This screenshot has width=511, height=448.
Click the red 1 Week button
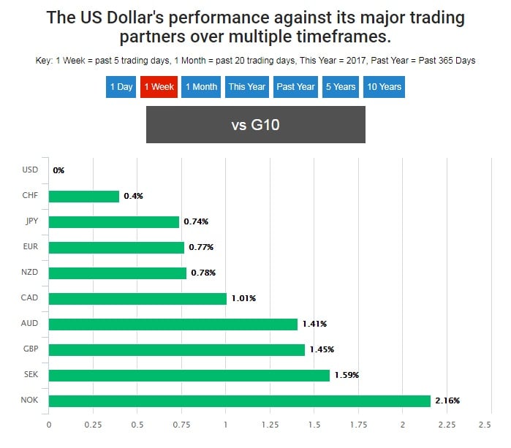(x=159, y=87)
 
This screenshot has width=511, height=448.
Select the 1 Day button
(x=121, y=87)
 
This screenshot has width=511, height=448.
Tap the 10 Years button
(x=384, y=87)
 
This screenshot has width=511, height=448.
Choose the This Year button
(x=246, y=87)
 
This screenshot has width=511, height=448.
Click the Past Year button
(x=295, y=87)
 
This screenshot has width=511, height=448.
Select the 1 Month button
(x=201, y=87)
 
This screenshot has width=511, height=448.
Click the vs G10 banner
(x=255, y=125)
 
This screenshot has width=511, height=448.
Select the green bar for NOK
(x=240, y=401)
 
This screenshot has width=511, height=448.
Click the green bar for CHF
(x=84, y=196)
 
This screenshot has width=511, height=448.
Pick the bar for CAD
(x=138, y=298)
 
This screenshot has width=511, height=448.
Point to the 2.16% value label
(x=447, y=401)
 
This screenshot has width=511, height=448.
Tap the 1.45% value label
(x=322, y=350)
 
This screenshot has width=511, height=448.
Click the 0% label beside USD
(x=58, y=170)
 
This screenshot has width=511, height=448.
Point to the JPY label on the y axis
(x=30, y=221)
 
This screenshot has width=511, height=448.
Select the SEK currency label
(x=30, y=376)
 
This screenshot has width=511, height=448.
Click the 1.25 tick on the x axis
(x=270, y=425)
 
